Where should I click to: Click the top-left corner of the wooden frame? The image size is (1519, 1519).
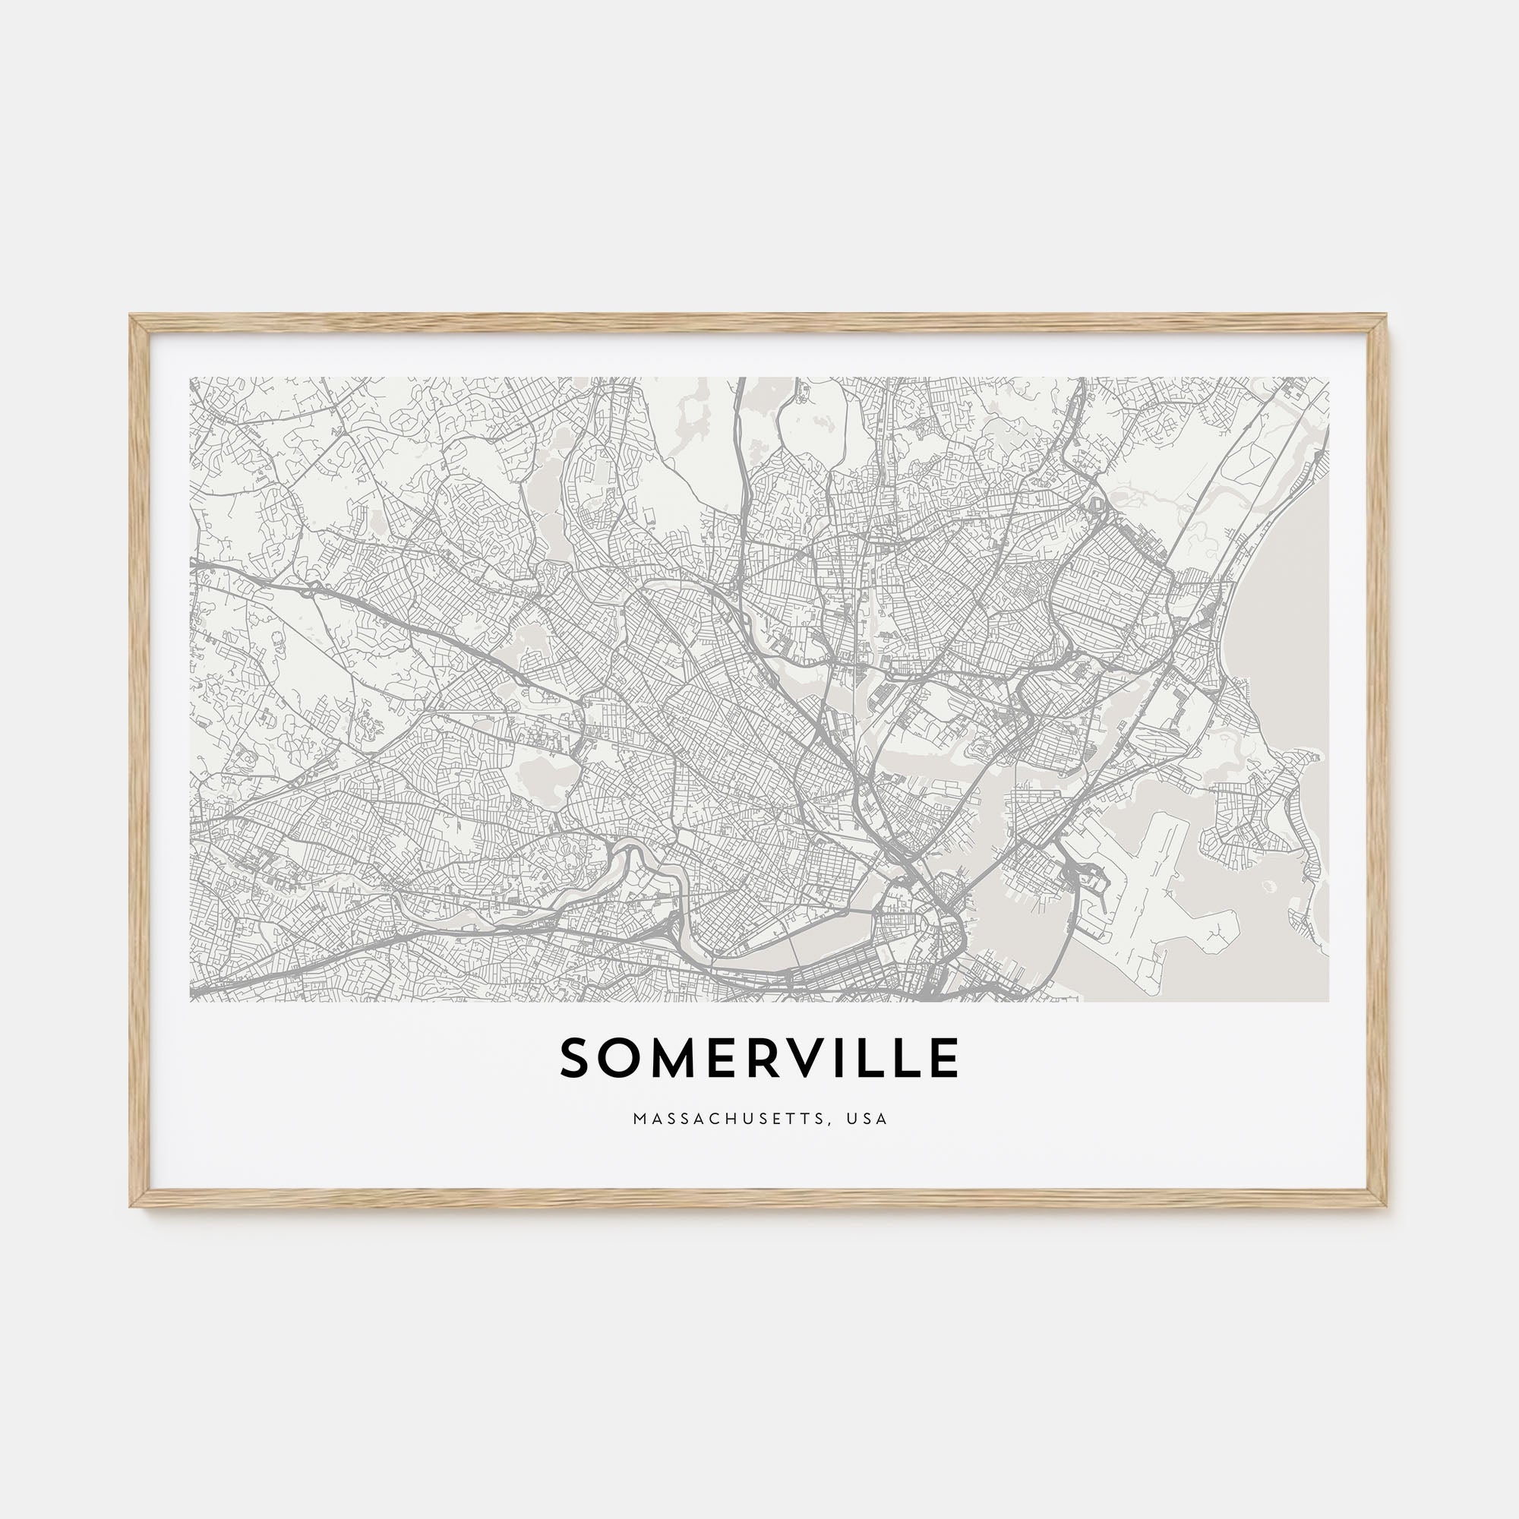coord(132,317)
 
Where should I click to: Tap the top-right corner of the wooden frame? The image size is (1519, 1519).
coord(1385,317)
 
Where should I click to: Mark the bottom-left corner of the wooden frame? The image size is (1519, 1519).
coord(132,1205)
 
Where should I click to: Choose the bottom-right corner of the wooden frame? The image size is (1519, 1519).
coord(1385,1205)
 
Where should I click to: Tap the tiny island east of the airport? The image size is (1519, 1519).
coord(1267,886)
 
